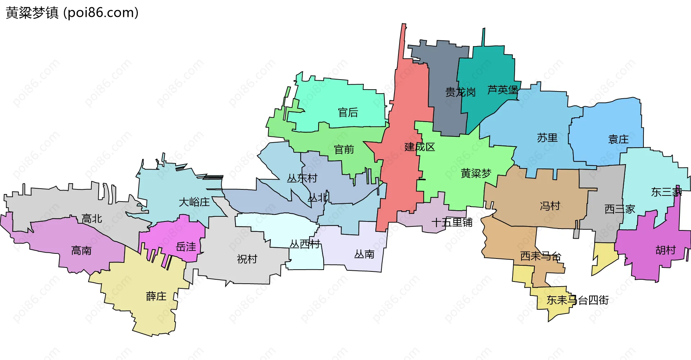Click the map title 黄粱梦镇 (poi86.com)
[72, 13]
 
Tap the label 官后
[348, 113]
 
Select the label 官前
[344, 149]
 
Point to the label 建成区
[420, 147]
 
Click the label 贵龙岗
[460, 93]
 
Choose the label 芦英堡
[503, 90]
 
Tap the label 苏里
[547, 138]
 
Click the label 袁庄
[618, 139]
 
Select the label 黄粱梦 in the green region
[476, 174]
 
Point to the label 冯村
[550, 206]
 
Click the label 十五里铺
[452, 222]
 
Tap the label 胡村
[665, 250]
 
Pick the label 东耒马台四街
[578, 300]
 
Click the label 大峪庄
[194, 202]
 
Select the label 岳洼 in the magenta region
[186, 247]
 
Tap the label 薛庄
[156, 296]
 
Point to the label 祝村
[247, 259]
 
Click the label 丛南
[364, 255]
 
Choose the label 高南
[81, 251]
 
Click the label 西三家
[620, 209]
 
